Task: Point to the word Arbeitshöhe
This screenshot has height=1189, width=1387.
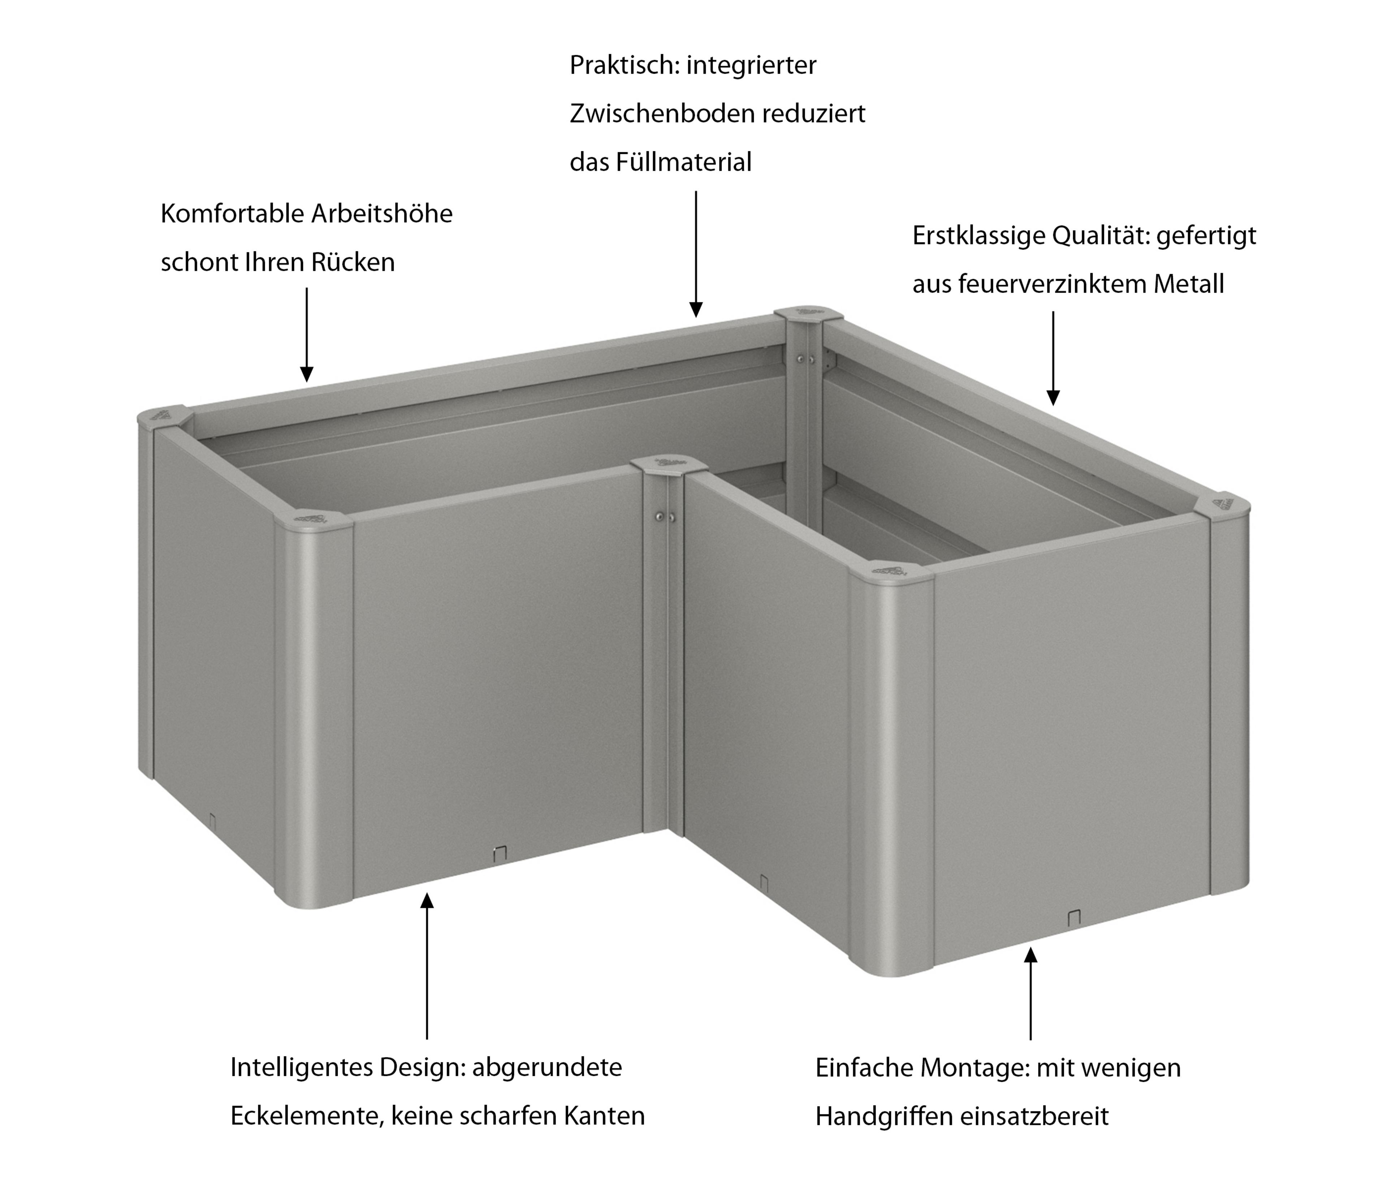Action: [381, 214]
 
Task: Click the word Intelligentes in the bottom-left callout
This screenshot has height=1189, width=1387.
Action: [301, 1067]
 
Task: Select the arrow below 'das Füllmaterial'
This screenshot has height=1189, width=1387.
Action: [696, 254]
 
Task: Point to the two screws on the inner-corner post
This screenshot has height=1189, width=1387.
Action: [665, 517]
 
